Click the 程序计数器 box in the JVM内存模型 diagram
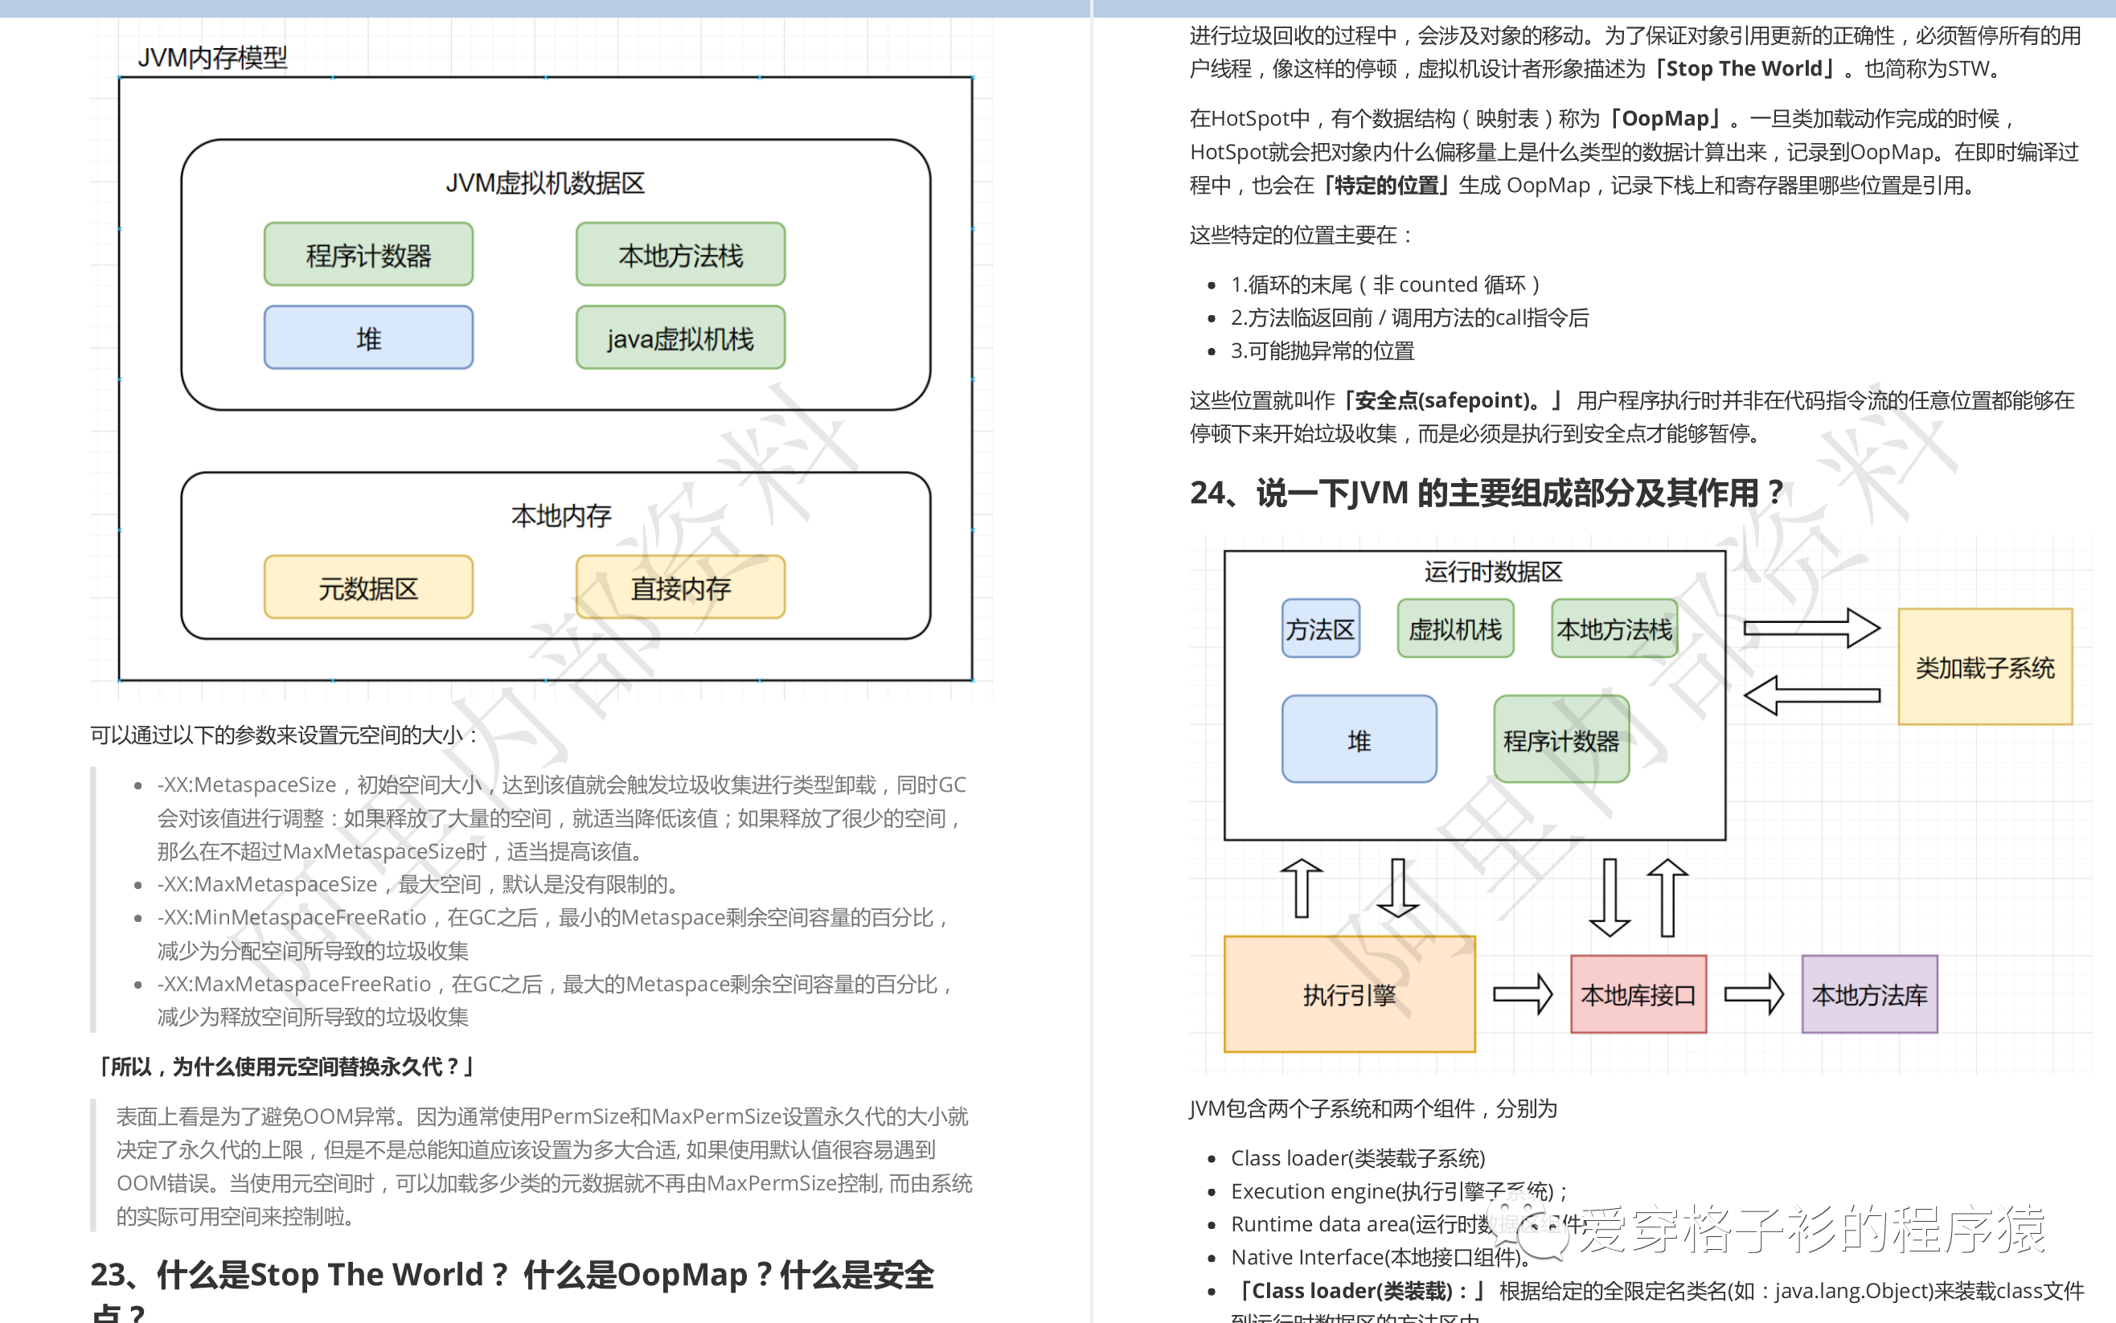point(368,255)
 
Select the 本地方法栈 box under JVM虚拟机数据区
point(680,255)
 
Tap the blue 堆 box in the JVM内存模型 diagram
point(368,338)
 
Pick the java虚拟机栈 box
point(680,338)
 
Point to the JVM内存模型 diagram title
point(213,58)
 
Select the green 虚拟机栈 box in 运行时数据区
point(1454,629)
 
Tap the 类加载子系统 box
point(1984,668)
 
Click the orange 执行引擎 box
point(1348,994)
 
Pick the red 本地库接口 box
point(1638,994)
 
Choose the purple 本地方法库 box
point(1869,994)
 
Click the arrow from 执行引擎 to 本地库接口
point(1522,994)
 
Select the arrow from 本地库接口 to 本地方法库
point(1753,994)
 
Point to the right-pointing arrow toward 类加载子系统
point(1810,629)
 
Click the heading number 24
point(1208,494)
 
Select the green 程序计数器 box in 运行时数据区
point(1560,740)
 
